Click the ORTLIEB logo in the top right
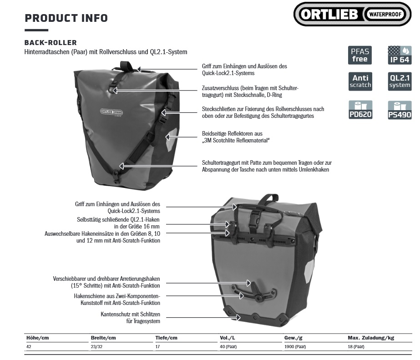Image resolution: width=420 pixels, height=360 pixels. point(352,14)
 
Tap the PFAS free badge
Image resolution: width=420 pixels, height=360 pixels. point(360,55)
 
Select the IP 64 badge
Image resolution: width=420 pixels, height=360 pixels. point(400,55)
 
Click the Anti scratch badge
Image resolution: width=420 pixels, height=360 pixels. point(360,81)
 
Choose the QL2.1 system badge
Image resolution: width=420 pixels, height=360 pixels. point(400,81)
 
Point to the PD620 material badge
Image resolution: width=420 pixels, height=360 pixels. point(360,110)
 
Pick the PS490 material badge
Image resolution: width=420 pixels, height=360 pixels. point(400,110)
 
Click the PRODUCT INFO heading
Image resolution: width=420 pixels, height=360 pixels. point(66,18)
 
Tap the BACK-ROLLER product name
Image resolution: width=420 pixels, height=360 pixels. point(51,43)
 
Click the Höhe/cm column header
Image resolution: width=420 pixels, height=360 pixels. point(37,338)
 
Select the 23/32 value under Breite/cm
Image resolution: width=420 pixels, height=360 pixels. point(96,347)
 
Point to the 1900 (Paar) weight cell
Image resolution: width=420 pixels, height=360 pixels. point(295,347)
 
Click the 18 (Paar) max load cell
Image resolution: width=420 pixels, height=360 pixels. point(356,347)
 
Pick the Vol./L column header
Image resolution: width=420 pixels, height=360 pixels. point(228,338)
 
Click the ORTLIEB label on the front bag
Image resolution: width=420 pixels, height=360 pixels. point(111,112)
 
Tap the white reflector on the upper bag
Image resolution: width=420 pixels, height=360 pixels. point(172,138)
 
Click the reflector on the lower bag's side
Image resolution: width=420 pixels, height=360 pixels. point(309,271)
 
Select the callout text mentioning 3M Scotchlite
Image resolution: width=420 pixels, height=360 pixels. point(236,137)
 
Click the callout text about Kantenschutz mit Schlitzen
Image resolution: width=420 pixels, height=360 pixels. point(131,318)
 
